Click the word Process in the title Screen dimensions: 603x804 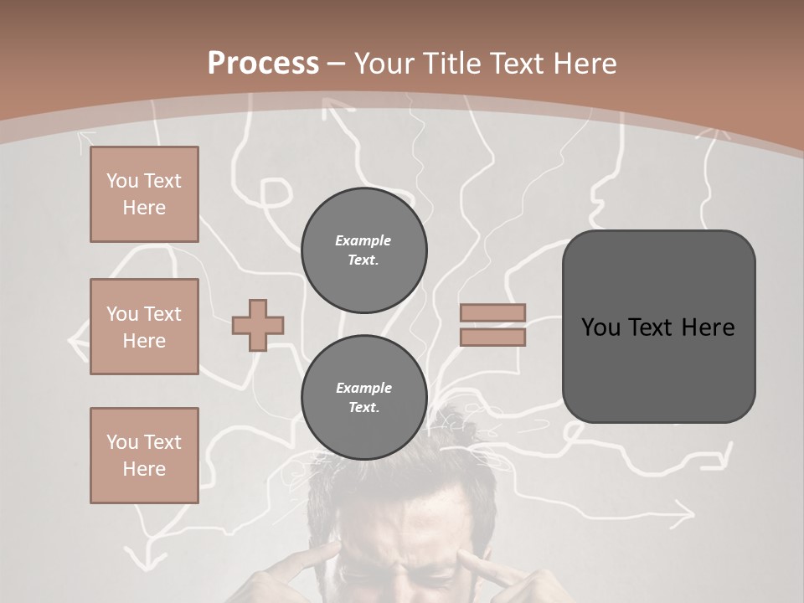click(263, 64)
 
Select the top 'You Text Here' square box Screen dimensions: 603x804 click(144, 194)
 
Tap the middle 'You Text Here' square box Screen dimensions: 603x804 click(144, 327)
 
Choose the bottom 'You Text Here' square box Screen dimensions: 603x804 click(144, 456)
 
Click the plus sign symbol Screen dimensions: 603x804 click(258, 325)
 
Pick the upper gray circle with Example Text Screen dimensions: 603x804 click(363, 250)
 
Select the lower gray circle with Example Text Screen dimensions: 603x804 click(363, 398)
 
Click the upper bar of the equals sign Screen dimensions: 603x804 click(492, 312)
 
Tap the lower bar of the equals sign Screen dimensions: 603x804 click(492, 338)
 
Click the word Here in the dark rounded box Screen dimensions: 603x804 click(708, 327)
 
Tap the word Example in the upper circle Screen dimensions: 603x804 click(363, 240)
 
